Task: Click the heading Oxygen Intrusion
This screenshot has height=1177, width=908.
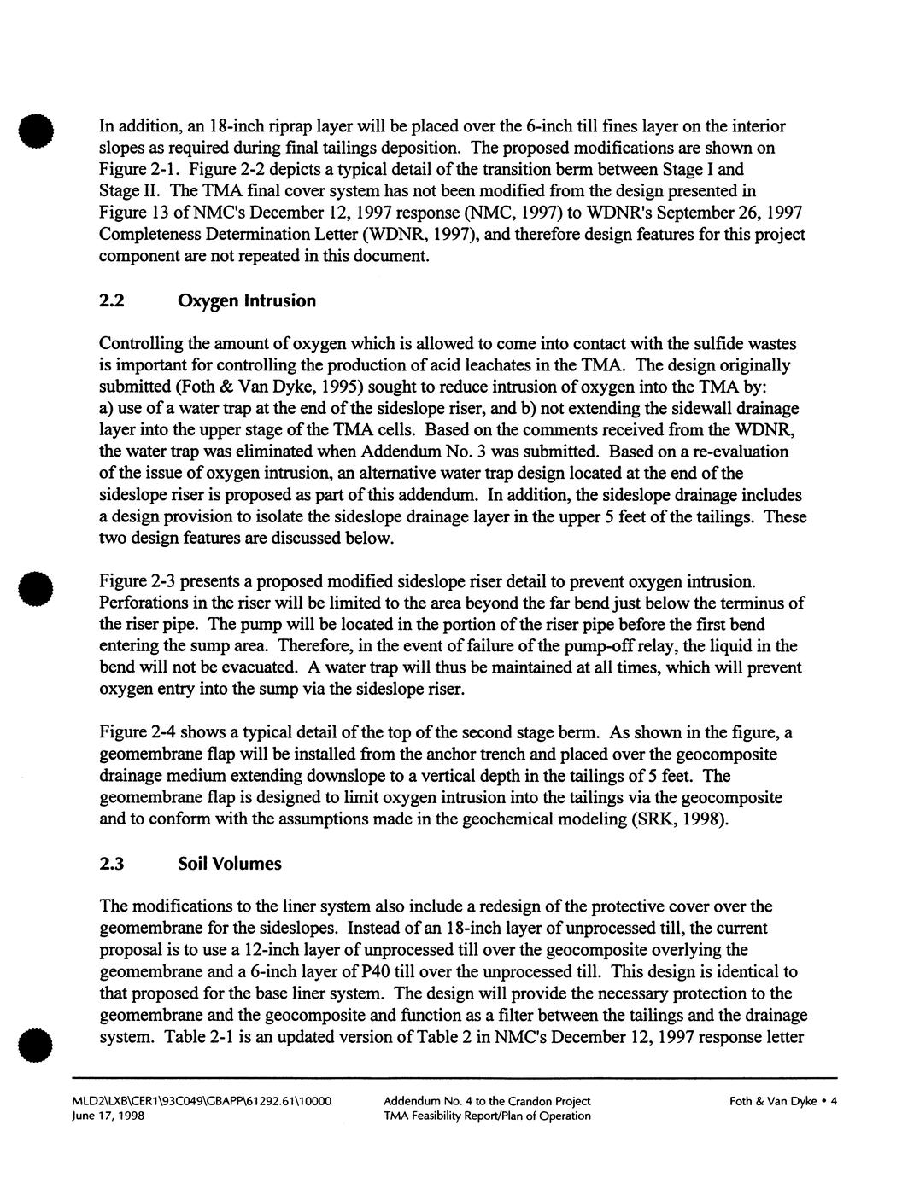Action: click(246, 301)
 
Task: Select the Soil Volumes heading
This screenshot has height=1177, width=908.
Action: click(229, 864)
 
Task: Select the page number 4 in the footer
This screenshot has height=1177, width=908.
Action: click(834, 1101)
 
